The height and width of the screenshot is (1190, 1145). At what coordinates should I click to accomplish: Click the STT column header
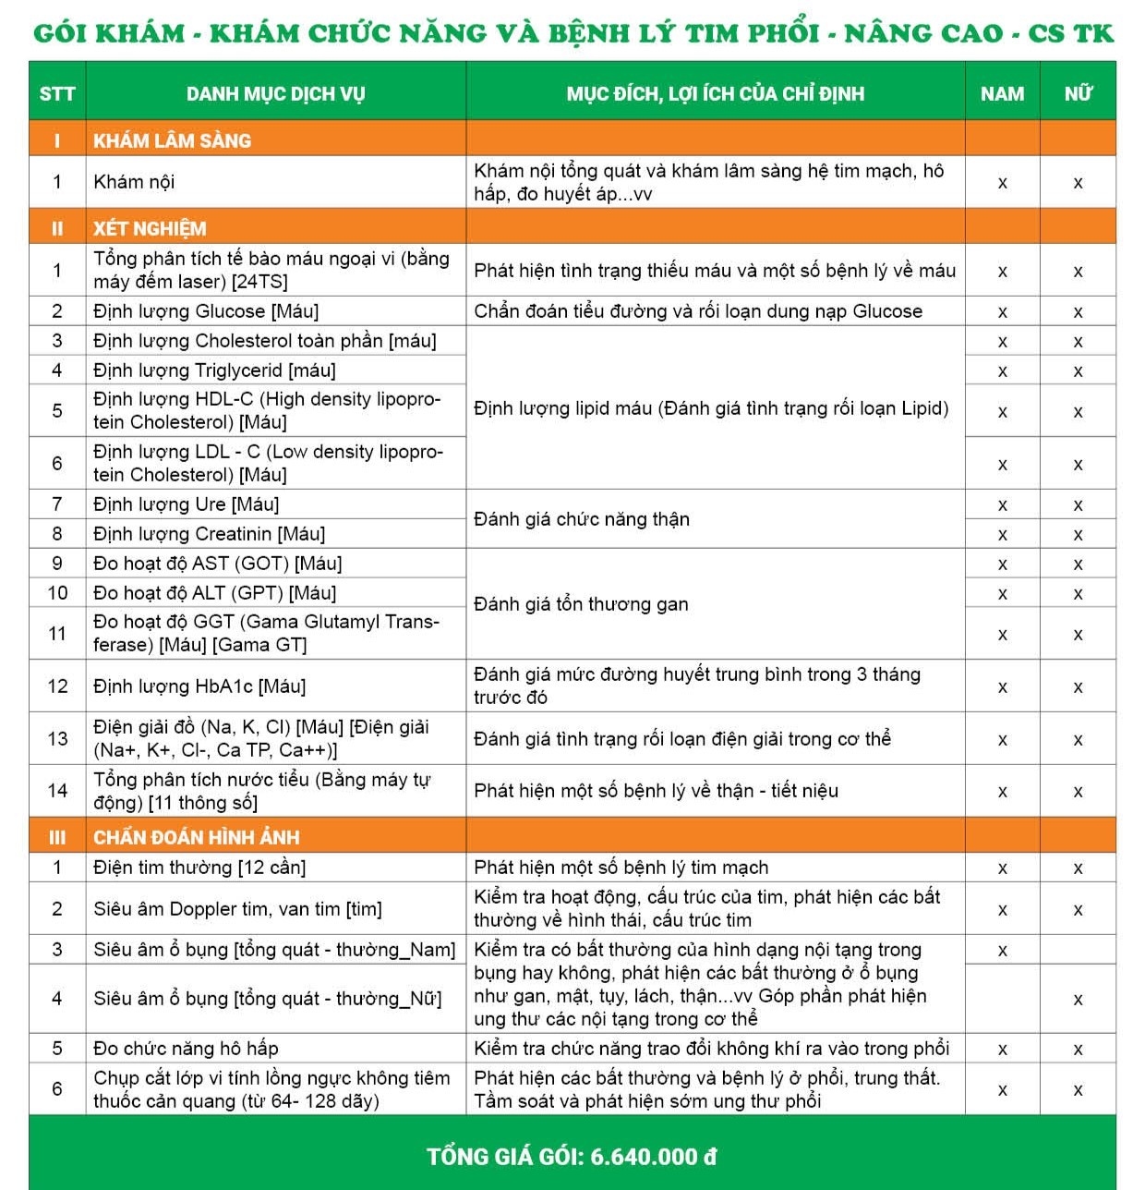[57, 93]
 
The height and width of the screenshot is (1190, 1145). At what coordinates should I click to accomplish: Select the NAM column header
[1002, 93]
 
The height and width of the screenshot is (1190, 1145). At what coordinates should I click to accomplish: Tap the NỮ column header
[1078, 93]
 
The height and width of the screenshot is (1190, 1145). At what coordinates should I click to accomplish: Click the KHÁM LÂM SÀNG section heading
[172, 140]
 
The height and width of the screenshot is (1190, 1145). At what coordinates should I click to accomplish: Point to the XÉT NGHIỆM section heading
[150, 228]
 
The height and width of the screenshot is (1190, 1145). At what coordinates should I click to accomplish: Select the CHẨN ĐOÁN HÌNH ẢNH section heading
[196, 837]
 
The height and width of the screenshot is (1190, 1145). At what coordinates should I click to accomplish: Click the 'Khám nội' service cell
[134, 182]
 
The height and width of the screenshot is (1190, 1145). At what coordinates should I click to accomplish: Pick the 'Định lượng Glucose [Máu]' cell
[206, 311]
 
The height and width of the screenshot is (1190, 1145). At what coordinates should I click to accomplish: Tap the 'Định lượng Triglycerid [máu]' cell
[214, 370]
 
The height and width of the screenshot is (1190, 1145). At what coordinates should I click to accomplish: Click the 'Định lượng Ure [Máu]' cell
[186, 504]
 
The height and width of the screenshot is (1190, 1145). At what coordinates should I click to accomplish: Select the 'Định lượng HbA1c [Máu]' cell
[199, 686]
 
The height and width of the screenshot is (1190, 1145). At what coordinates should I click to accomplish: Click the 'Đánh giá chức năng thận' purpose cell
[582, 519]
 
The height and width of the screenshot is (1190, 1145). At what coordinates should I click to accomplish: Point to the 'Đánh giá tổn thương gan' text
[581, 604]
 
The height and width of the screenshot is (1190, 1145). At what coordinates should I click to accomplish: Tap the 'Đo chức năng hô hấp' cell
[186, 1049]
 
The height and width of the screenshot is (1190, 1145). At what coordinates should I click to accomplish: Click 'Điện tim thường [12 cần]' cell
[199, 868]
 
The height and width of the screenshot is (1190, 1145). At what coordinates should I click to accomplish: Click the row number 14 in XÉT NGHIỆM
[57, 791]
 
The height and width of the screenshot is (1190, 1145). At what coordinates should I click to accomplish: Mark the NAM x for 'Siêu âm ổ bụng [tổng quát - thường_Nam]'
[1002, 951]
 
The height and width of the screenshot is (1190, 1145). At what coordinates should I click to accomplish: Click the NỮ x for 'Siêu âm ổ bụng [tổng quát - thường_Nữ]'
[1078, 1000]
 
